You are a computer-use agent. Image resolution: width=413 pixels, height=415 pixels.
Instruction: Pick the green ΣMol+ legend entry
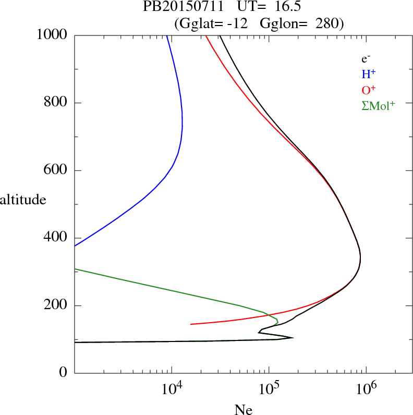(378, 106)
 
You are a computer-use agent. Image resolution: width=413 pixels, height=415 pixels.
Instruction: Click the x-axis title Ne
(243, 410)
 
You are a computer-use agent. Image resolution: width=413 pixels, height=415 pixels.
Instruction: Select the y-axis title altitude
(23, 199)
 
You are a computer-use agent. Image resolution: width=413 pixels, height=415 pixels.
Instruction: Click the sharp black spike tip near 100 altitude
(293, 337)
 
